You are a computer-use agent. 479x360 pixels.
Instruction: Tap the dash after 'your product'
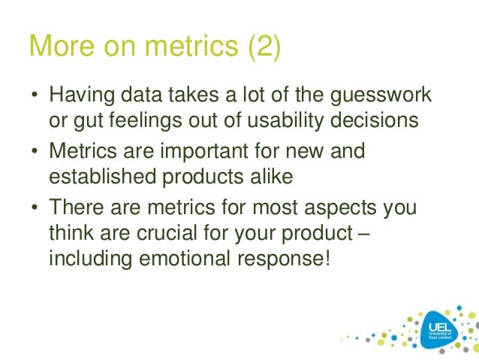(x=363, y=231)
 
